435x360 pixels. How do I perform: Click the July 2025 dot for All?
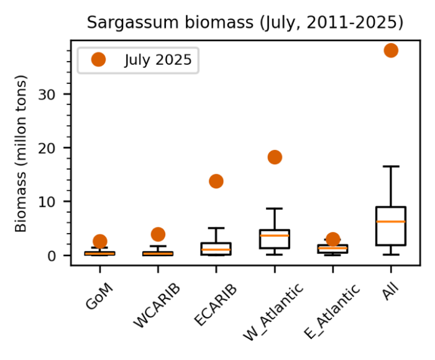pos(391,50)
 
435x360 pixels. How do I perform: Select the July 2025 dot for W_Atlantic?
pos(275,157)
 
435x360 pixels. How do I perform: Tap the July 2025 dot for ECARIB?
pos(216,182)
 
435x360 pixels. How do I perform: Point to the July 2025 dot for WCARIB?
pos(158,234)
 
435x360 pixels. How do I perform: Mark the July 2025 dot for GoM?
pos(100,241)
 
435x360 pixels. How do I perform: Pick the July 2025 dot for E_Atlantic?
pos(333,239)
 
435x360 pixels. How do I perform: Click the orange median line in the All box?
pos(391,221)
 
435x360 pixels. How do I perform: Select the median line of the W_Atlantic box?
pos(275,236)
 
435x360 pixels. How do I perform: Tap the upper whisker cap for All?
pos(391,166)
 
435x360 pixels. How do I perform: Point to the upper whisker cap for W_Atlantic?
pos(275,208)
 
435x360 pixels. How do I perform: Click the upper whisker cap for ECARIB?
pos(216,228)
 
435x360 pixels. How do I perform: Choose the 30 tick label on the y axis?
pos(47,95)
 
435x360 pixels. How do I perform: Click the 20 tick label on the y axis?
pos(47,149)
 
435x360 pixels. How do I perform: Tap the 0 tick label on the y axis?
pos(52,256)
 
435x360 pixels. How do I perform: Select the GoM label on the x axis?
pos(99,296)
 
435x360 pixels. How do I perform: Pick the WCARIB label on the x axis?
pos(157,306)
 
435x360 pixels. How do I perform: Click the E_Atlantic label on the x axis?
pos(332,312)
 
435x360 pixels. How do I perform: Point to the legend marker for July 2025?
pos(98,60)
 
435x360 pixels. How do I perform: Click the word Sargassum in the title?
pos(132,23)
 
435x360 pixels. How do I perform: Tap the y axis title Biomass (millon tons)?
pos(21,154)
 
